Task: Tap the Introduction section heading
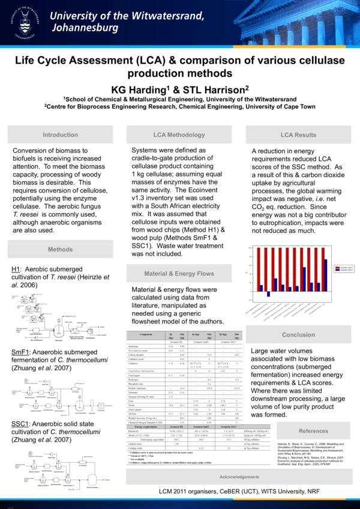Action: coord(60,135)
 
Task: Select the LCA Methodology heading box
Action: coord(179,135)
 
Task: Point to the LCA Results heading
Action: coord(298,135)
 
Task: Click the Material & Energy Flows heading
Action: coord(179,274)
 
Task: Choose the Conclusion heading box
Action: coord(298,335)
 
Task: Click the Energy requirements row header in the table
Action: coord(145,427)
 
